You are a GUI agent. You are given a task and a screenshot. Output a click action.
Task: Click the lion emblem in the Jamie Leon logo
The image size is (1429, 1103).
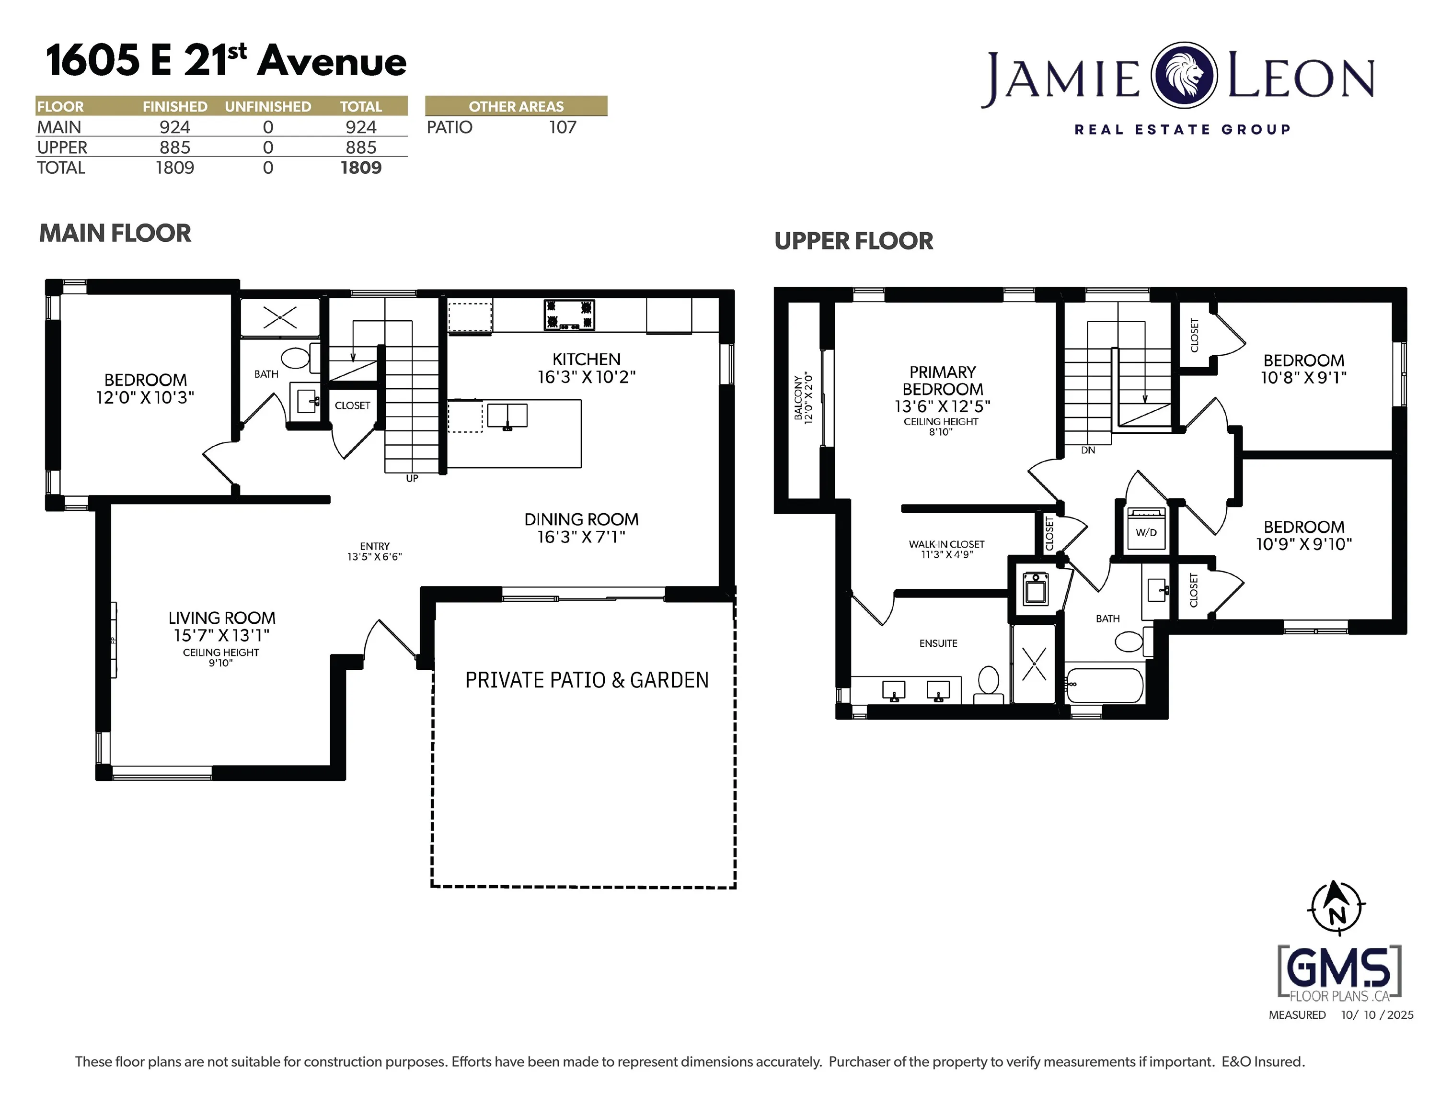[1184, 75]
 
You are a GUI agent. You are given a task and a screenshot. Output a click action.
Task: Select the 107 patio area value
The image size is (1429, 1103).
[563, 127]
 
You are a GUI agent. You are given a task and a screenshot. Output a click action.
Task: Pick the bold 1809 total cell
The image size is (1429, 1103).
[361, 168]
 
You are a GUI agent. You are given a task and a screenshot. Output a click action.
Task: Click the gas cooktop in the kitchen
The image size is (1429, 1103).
[569, 315]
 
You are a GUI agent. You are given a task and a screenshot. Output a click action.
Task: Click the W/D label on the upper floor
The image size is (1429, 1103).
[1146, 532]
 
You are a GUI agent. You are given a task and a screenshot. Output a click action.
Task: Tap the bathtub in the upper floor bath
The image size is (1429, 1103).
[1105, 685]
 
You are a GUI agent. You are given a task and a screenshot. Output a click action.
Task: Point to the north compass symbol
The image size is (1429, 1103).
[1337, 908]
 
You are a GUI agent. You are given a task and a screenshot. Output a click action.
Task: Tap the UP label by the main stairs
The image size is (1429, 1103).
[412, 479]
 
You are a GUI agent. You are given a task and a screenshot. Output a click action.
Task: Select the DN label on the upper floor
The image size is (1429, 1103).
[1088, 450]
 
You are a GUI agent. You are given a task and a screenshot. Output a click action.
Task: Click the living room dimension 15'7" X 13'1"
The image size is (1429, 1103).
[222, 635]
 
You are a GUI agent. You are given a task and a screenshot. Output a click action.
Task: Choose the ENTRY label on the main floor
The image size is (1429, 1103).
[374, 546]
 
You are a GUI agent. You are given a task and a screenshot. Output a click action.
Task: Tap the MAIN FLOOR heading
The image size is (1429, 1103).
[115, 234]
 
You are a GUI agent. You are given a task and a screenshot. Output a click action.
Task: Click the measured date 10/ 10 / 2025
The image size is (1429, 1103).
[1377, 1015]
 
